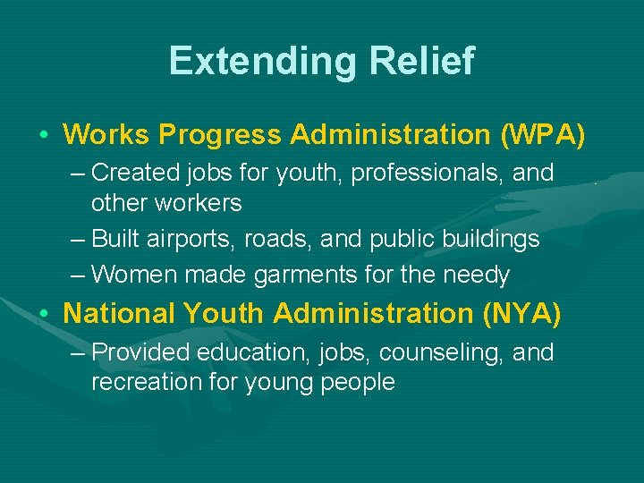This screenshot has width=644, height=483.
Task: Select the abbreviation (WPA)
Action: pyautogui.click(x=543, y=134)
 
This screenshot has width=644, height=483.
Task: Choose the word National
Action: pyautogui.click(x=120, y=313)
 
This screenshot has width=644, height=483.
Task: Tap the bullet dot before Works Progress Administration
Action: pyautogui.click(x=43, y=135)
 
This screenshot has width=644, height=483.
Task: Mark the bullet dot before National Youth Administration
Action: pyautogui.click(x=43, y=314)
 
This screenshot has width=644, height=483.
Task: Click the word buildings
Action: pyautogui.click(x=489, y=239)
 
